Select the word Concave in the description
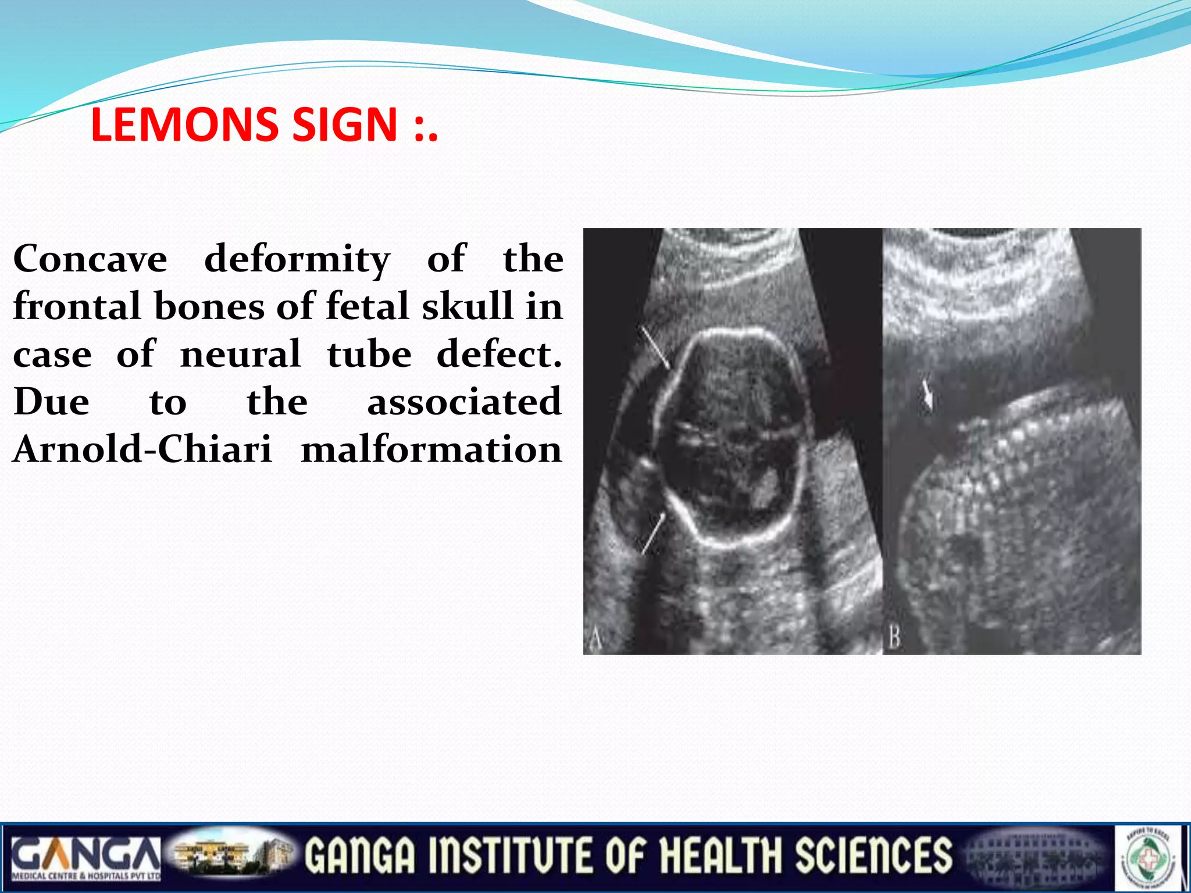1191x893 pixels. [x=90, y=259]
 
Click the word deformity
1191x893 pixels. [x=297, y=260]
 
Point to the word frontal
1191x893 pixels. [x=77, y=306]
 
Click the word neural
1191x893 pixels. [x=241, y=354]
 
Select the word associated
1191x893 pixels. [x=464, y=402]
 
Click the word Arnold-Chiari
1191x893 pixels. [x=142, y=449]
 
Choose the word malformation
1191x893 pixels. [x=431, y=449]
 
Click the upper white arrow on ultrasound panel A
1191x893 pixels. [x=655, y=348]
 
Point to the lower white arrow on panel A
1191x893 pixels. [x=653, y=534]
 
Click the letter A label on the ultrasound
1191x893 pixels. [x=595, y=640]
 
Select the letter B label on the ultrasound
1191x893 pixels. [x=894, y=638]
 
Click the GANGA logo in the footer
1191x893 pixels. [x=85, y=858]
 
